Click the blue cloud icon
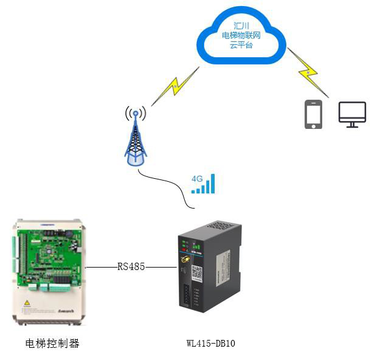pyautogui.click(x=241, y=39)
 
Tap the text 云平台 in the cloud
pyautogui.click(x=241, y=46)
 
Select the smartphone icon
pyautogui.click(x=313, y=114)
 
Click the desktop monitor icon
pyautogui.click(x=352, y=114)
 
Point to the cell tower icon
pyautogui.click(x=136, y=140)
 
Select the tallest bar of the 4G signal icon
pyautogui.click(x=212, y=183)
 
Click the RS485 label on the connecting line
pyautogui.click(x=131, y=266)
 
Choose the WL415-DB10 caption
pyautogui.click(x=210, y=344)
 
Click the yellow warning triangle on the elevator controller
pyautogui.click(x=27, y=302)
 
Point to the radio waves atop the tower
pyautogui.click(x=136, y=113)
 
